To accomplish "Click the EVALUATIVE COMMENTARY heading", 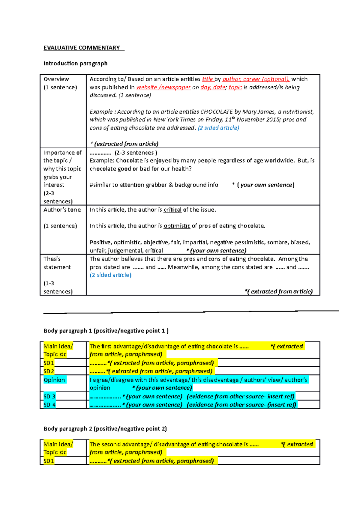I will pos(82,48).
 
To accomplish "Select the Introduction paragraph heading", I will pos(75,64).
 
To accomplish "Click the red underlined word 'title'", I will pos(207,79).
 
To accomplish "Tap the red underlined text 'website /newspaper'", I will pos(163,87).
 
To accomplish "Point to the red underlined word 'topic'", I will pos(235,87).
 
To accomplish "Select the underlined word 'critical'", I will pos(172,210).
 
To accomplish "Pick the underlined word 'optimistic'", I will pos(177,226).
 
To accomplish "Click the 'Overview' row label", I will pos(56,79).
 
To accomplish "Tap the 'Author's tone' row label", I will pos(62,210).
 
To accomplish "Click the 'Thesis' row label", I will pos(52,259).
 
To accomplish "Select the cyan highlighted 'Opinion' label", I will pos(54,380).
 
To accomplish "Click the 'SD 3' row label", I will pos(49,397).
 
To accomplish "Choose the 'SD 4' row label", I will pos(49,405).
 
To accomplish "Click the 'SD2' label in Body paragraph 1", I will pos(49,371).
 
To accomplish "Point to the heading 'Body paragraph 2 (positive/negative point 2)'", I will pos(105,429).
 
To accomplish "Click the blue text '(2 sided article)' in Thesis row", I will pos(110,275).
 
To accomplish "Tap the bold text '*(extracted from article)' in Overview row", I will pos(124,144).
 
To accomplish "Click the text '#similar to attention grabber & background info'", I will pos(154,185).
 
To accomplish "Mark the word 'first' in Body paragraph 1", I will pos(106,347).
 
